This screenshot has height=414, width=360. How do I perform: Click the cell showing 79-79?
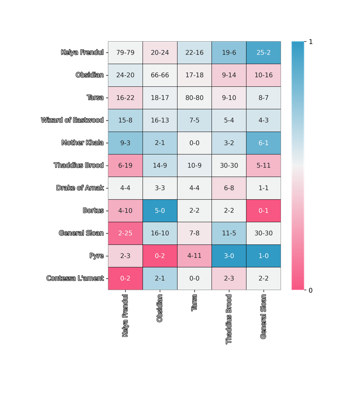click(x=125, y=53)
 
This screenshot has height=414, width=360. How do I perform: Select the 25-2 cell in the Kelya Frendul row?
click(x=263, y=53)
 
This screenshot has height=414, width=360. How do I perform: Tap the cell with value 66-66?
click(x=160, y=75)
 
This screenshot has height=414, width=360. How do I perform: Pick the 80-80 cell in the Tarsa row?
click(x=195, y=98)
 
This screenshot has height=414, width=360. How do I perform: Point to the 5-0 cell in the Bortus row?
click(x=160, y=211)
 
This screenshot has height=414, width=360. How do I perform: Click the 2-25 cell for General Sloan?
click(x=125, y=233)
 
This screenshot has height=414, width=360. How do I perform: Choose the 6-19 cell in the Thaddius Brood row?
click(x=125, y=166)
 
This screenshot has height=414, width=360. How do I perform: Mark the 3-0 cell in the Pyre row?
click(x=229, y=256)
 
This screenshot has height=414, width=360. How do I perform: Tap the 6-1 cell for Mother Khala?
click(x=263, y=143)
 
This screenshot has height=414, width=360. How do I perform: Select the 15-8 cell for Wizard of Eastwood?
click(x=125, y=120)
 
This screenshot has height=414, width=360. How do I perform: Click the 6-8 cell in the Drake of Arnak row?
click(x=229, y=188)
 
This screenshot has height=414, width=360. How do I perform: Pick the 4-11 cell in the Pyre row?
click(x=195, y=256)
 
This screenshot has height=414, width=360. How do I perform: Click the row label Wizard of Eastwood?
click(x=72, y=120)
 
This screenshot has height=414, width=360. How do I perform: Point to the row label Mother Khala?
click(x=82, y=143)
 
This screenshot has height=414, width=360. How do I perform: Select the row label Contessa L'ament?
click(x=75, y=279)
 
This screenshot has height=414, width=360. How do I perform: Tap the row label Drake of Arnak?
click(x=80, y=188)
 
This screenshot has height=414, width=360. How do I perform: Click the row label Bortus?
click(x=93, y=211)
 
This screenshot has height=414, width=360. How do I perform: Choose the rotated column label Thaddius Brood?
click(x=229, y=319)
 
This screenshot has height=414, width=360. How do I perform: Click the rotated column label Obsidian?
click(x=160, y=308)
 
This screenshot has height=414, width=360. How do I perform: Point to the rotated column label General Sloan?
click(x=263, y=316)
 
